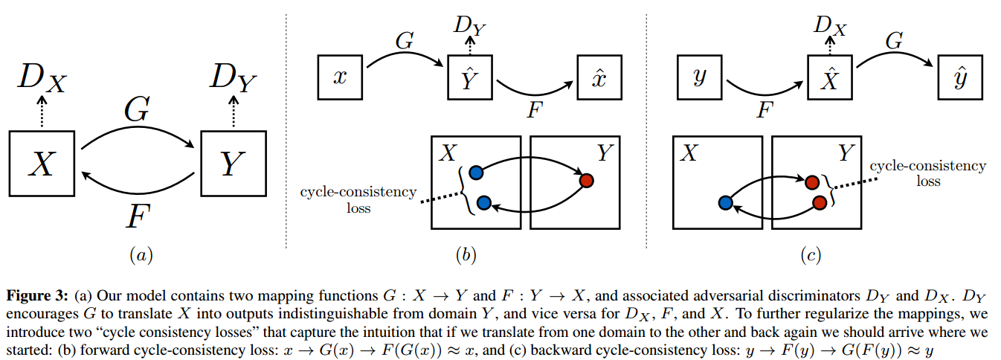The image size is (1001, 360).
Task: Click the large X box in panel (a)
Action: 42,163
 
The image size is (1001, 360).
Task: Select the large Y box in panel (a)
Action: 234,163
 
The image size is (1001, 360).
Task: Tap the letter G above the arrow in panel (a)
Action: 138,111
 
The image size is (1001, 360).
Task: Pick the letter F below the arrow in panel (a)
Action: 140,219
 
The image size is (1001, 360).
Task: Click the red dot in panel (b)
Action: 586,180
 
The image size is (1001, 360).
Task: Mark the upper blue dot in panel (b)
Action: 477,173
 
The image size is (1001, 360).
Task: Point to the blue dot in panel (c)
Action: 726,202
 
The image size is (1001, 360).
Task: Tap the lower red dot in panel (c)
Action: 820,202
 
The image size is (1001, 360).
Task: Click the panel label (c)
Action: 810,255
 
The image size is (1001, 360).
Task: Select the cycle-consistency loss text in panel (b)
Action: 358,200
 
